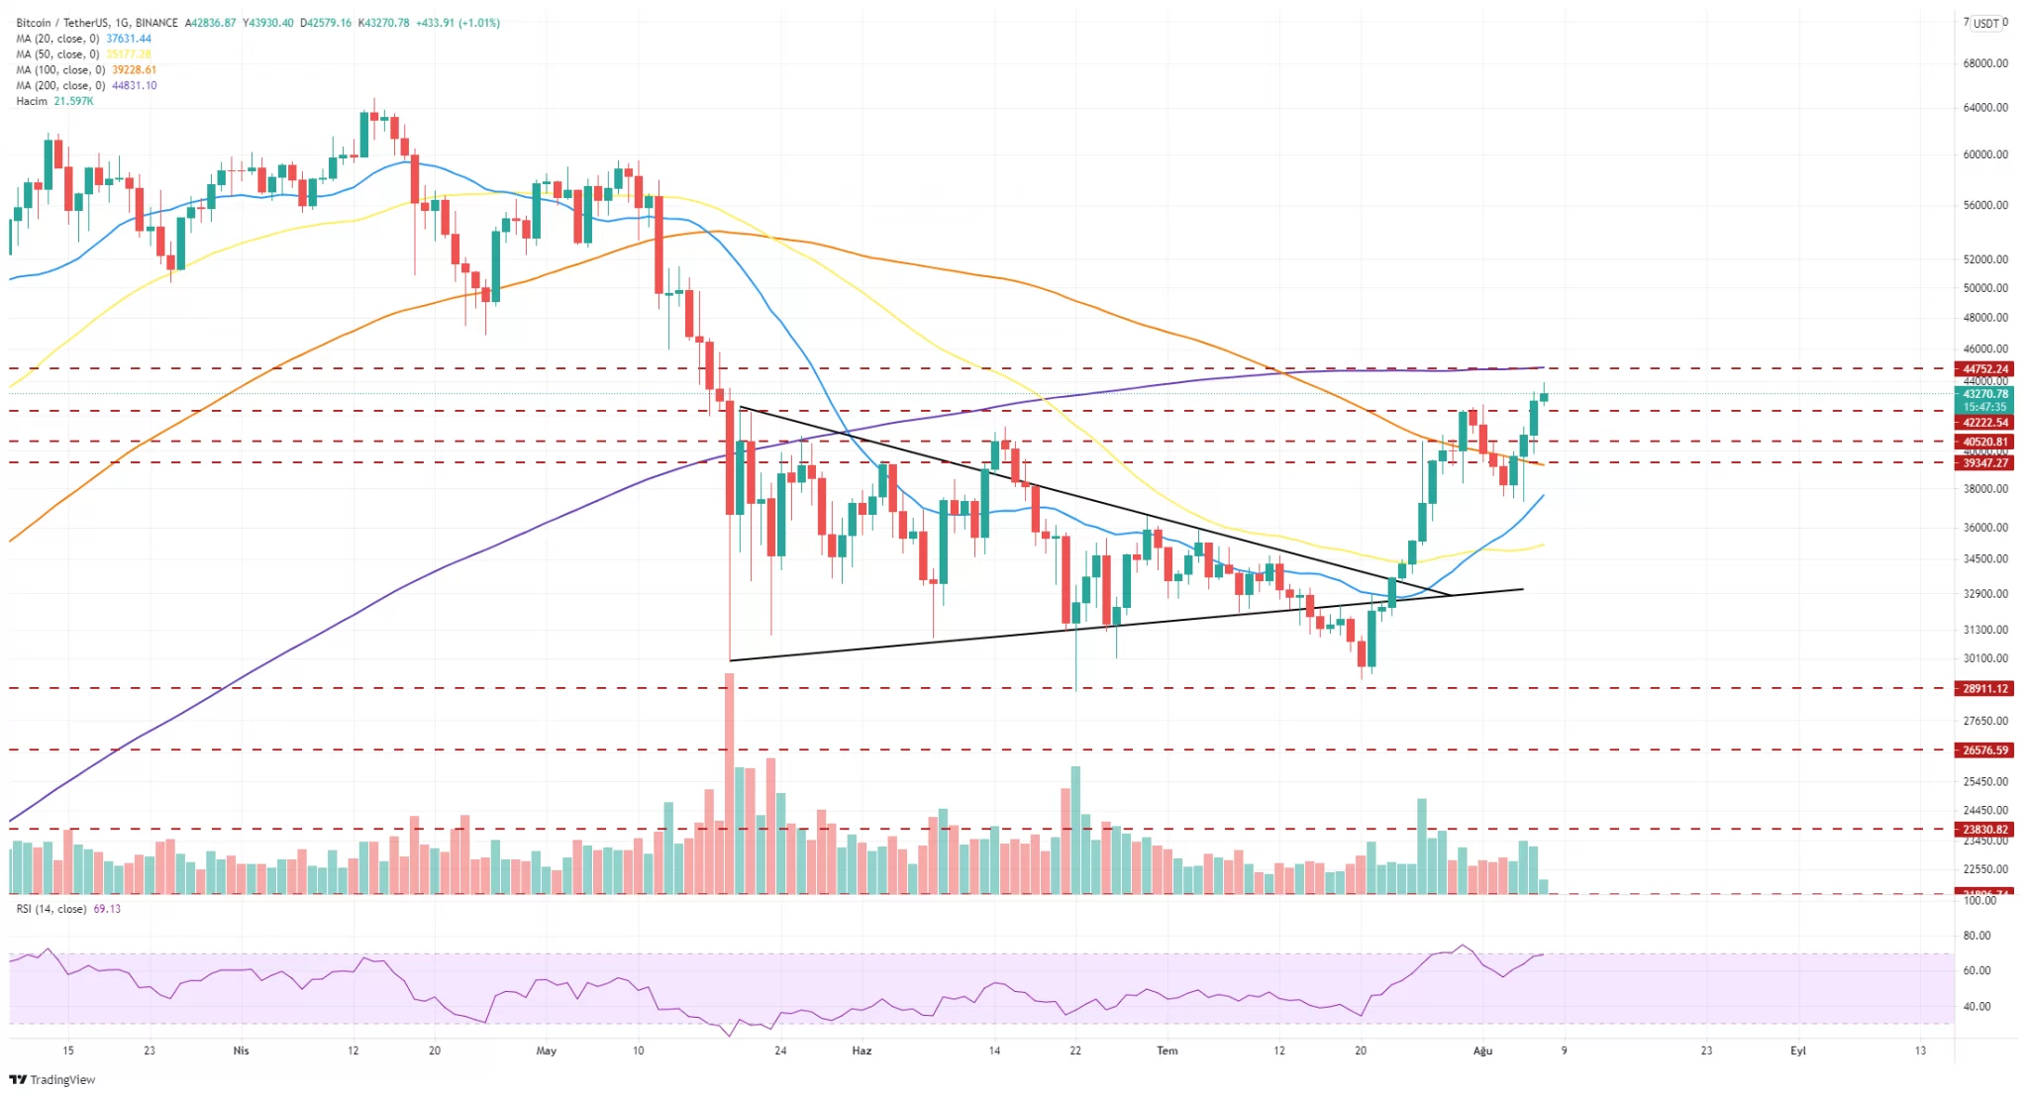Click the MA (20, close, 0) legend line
tap(83, 39)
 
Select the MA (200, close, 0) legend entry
tap(86, 85)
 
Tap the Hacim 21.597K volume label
tap(54, 101)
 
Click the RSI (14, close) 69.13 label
tap(68, 908)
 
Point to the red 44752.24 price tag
tap(1984, 368)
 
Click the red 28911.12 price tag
tap(1984, 688)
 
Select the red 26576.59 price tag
tap(1984, 749)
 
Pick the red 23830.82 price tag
tap(1984, 830)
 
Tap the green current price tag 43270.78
tap(1984, 394)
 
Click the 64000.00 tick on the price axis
tap(1984, 107)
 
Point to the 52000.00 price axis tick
tap(1984, 259)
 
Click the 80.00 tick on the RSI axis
tap(1977, 936)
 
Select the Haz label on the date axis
tap(862, 1050)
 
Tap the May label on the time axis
tap(546, 1050)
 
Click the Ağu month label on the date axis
tap(1481, 1050)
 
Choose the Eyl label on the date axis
tap(1797, 1050)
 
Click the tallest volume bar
tap(730, 782)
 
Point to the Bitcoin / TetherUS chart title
tap(97, 23)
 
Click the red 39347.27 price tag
tap(1984, 462)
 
